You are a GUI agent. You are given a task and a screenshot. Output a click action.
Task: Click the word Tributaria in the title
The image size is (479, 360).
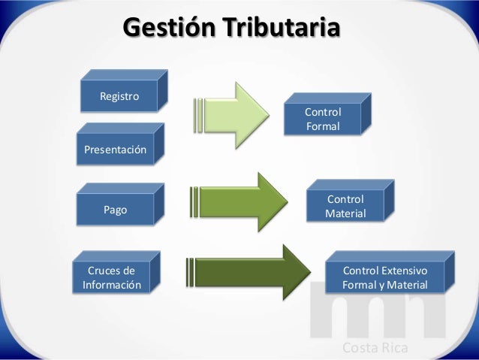[279, 29]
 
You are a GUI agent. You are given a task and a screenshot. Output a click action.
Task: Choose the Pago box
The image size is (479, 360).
[115, 210]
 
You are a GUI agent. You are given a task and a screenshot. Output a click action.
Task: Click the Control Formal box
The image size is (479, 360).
[322, 119]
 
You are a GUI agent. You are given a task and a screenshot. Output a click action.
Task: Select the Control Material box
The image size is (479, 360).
[345, 207]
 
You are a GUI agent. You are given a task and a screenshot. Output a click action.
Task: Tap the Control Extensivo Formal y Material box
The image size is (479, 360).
[384, 277]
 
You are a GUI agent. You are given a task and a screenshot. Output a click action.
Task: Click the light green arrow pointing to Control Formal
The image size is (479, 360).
[239, 115]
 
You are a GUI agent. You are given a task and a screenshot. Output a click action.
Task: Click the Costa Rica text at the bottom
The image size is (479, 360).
[375, 347]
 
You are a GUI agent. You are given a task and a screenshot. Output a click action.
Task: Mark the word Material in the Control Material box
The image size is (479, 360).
[345, 214]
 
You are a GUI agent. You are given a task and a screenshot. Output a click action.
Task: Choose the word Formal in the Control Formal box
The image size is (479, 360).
[323, 126]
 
